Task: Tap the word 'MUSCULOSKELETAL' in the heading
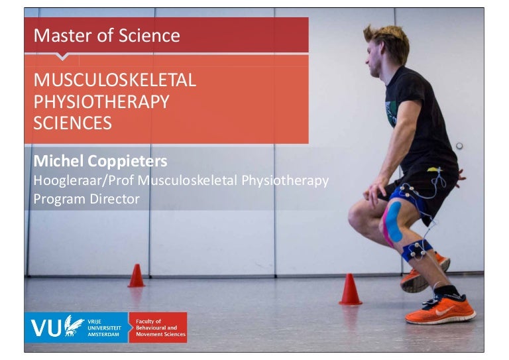click(115, 81)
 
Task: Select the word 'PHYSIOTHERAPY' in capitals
click(101, 102)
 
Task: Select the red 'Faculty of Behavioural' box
click(158, 327)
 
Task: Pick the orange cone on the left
click(137, 275)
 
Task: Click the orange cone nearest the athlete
click(350, 290)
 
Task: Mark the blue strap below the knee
click(418, 251)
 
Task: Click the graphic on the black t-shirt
click(391, 113)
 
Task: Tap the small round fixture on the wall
click(459, 146)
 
